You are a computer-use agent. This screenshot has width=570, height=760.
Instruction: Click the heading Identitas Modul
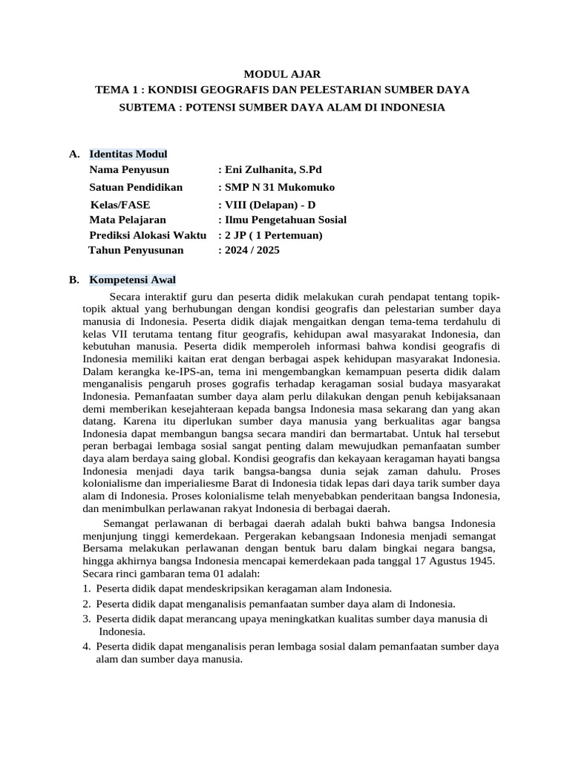point(128,154)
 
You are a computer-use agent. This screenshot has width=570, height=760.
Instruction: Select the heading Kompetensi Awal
point(132,280)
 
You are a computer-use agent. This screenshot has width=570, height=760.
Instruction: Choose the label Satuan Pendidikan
point(135,188)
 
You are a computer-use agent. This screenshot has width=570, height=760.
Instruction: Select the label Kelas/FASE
point(119,205)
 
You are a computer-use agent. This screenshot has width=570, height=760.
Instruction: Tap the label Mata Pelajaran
point(128,220)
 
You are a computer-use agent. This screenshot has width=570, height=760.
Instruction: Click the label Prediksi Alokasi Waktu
point(147,235)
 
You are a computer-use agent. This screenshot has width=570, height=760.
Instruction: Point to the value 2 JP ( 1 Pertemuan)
point(273,235)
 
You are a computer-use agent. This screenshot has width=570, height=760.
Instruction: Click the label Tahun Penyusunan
point(135,250)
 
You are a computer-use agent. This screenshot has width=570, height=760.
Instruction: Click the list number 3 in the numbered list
point(86,618)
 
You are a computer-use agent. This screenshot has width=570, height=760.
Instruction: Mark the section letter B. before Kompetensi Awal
point(73,280)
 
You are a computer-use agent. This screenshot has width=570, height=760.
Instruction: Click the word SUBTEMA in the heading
point(147,108)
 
